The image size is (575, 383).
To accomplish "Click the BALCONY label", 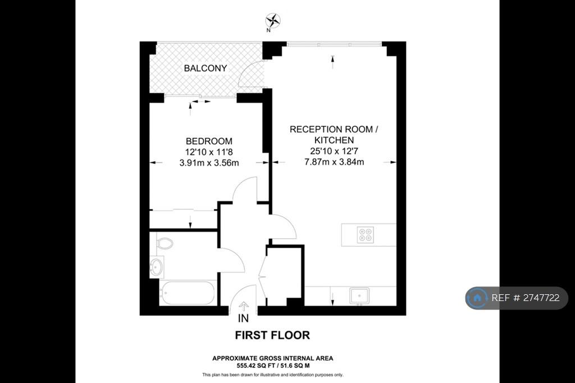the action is click(206, 69).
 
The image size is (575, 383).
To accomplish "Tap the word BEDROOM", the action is click(209, 142).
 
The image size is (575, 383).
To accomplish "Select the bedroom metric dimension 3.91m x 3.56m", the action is click(209, 163).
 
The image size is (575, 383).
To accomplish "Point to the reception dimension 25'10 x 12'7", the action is click(334, 151).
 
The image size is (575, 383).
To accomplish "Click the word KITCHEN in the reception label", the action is click(334, 140).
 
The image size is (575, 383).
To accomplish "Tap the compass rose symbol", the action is click(273, 20).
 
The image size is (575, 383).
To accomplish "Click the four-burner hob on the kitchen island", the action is click(366, 235).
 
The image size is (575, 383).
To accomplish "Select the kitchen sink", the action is click(359, 296).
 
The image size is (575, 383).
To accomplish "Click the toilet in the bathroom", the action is click(165, 243).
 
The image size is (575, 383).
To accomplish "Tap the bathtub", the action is click(188, 293).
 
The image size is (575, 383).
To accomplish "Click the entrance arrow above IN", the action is click(244, 306).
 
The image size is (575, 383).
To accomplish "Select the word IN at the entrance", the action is click(243, 318).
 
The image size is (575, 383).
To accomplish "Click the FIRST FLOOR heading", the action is click(272, 335).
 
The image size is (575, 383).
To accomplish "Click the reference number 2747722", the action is click(541, 298).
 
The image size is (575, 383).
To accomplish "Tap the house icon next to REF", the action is click(477, 298).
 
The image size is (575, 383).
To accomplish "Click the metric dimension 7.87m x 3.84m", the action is click(334, 162).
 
